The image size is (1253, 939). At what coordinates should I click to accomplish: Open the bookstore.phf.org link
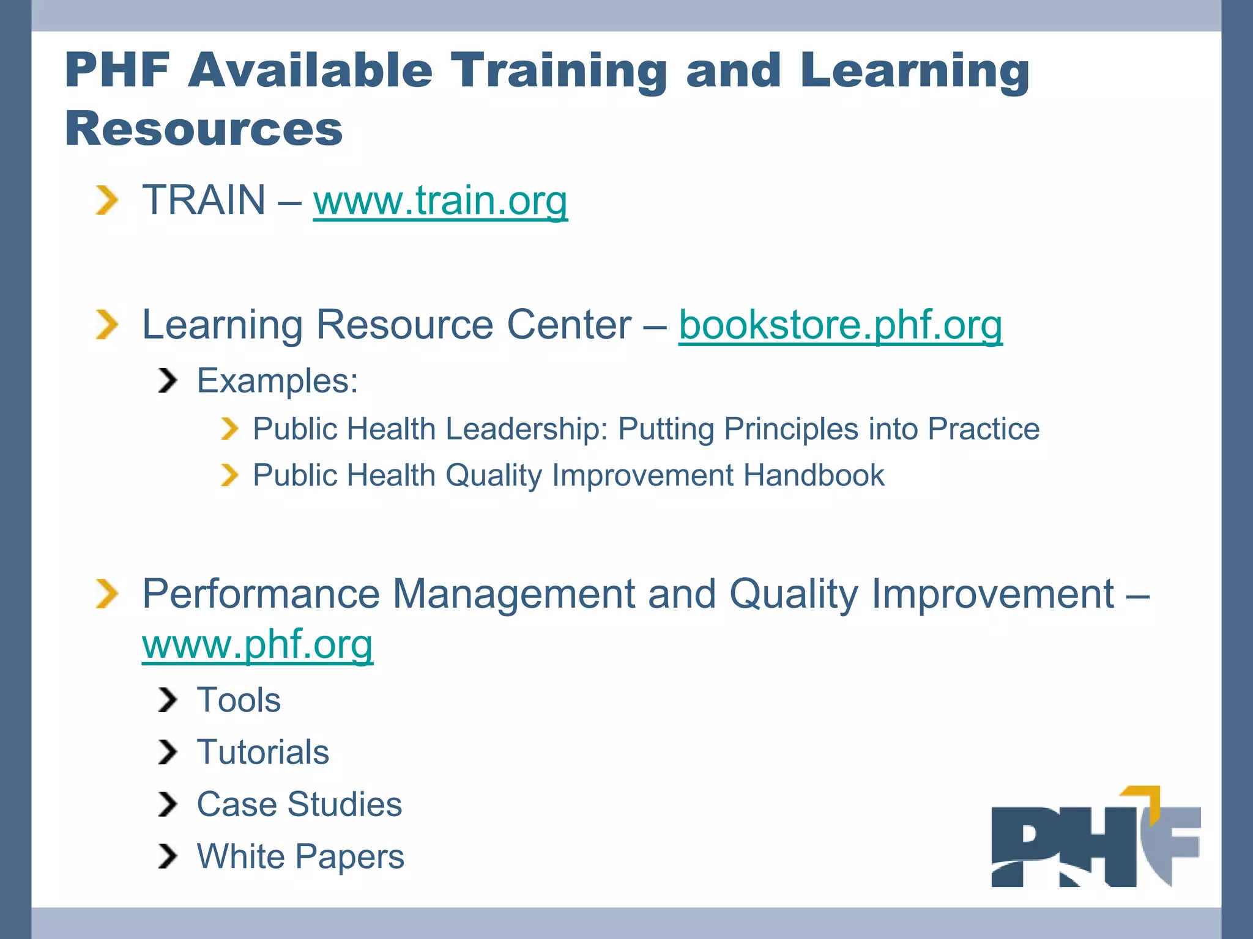[840, 325]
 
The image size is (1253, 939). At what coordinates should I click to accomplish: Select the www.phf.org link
[257, 644]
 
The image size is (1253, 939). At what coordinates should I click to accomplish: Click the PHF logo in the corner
[1095, 838]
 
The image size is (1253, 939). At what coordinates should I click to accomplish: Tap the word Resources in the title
[203, 129]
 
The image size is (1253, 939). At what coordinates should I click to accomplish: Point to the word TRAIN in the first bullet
[204, 201]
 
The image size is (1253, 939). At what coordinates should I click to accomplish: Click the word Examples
[277, 381]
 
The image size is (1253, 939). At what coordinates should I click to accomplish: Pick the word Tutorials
[262, 752]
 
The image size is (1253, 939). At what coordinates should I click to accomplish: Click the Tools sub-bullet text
[239, 700]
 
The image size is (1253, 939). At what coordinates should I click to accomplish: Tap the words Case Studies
[299, 805]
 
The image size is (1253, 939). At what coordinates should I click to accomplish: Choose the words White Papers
[300, 856]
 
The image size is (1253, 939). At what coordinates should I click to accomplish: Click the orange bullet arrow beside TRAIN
[106, 201]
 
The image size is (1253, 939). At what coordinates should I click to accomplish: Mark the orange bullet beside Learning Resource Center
[106, 325]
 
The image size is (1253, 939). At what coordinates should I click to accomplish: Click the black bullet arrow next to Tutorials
[167, 752]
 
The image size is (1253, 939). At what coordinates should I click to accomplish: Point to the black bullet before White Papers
[167, 856]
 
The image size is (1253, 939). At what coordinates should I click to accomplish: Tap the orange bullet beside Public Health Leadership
[229, 429]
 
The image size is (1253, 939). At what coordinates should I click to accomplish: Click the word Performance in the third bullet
[261, 594]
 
